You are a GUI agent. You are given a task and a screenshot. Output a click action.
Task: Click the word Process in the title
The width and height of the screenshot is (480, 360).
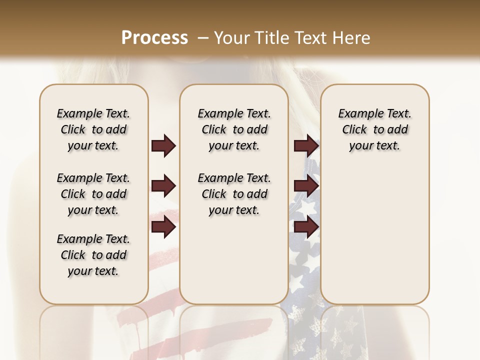point(154,38)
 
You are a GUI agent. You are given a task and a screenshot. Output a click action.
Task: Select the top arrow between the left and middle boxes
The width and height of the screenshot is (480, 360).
point(163,146)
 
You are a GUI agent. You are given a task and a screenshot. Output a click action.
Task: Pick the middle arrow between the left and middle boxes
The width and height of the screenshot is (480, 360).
point(163,186)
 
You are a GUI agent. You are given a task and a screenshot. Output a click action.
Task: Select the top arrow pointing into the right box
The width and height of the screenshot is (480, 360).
point(306,146)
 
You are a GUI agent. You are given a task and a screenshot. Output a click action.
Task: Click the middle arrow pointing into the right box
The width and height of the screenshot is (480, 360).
point(306,186)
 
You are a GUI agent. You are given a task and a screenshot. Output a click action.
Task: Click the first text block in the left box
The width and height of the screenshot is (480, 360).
point(93,129)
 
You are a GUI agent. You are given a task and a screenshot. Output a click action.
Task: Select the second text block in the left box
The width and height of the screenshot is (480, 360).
point(93,194)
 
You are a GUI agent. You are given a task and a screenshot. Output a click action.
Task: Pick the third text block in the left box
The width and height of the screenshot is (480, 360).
point(93,255)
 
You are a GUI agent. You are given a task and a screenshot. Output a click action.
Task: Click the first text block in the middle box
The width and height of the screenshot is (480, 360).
point(234,129)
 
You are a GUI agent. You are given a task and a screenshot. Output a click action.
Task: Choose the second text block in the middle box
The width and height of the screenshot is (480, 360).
point(234,194)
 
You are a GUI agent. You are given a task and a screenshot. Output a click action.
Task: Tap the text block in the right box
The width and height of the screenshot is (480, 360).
point(374,129)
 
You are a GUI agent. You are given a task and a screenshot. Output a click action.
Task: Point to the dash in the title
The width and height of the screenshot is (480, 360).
point(203,38)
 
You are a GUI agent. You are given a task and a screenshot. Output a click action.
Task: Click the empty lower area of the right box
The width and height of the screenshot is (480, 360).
point(374,240)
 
